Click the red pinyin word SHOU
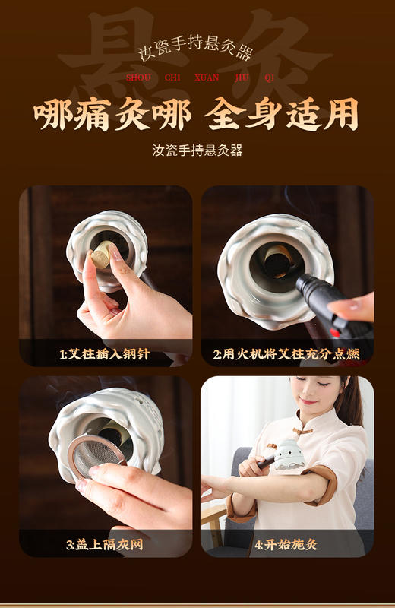(138, 77)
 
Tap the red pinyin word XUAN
(207, 77)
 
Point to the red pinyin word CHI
(172, 77)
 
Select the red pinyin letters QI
(270, 77)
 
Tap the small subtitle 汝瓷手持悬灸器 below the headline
(197, 150)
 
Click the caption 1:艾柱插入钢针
(105, 353)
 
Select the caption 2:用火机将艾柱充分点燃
(286, 353)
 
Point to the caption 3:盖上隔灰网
(105, 544)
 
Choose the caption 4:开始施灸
(286, 544)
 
